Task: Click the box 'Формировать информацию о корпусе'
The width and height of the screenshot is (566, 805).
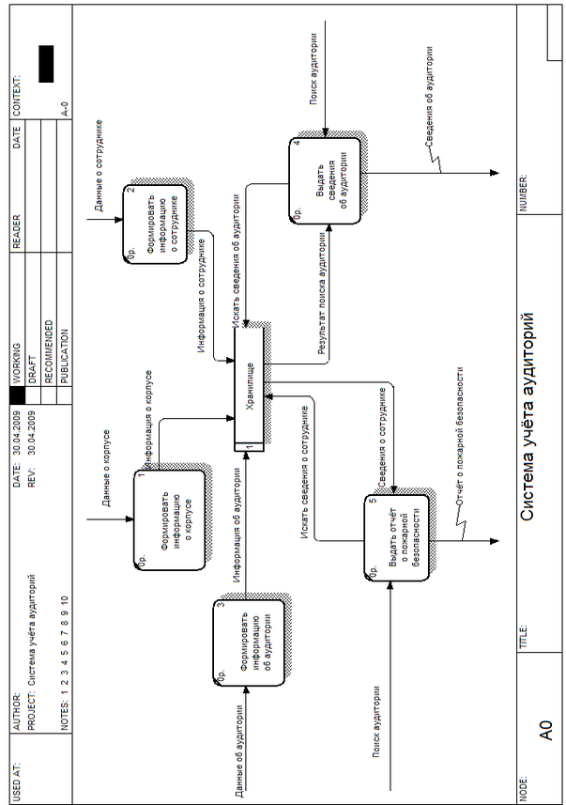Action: (169, 519)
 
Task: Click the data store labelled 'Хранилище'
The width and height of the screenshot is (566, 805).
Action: (250, 386)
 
